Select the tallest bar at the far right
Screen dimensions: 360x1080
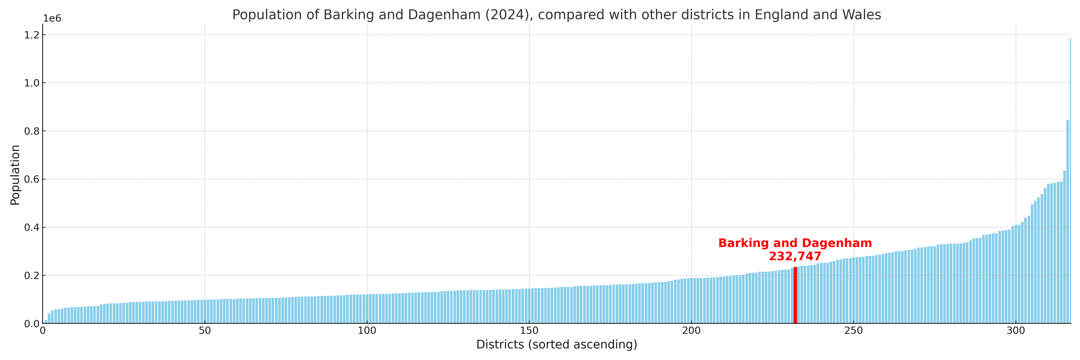(1070, 180)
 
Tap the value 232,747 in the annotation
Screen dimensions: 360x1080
(795, 256)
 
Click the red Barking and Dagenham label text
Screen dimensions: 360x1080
(795, 243)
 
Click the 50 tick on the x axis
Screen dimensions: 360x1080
(205, 331)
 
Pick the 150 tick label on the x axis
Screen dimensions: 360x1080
(529, 331)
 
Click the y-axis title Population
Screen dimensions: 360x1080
(15, 175)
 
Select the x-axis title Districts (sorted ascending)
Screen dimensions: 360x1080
(556, 344)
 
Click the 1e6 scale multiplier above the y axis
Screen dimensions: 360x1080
(52, 18)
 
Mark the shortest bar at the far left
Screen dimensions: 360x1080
(46, 321)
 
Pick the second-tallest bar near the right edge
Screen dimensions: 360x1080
(1067, 222)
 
